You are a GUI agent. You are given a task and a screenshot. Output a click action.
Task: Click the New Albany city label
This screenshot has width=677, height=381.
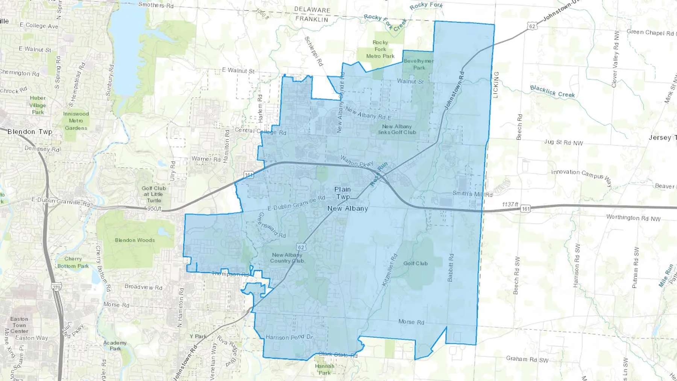pos(348,208)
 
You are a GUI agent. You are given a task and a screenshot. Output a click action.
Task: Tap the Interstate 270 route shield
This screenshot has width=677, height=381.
pos(56,288)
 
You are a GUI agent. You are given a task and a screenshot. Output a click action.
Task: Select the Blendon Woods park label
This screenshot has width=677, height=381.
pos(135,240)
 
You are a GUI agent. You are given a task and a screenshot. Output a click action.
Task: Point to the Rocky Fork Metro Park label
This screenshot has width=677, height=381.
pos(380,49)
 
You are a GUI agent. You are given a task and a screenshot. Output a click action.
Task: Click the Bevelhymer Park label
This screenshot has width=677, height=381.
pos(419,64)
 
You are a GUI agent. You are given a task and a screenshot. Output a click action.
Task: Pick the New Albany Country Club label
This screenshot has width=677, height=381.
pos(287,258)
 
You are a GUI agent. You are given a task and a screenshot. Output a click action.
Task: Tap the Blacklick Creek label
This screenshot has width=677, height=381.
pos(552,91)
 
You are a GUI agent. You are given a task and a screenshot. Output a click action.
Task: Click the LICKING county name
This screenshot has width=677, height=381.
pos(495,85)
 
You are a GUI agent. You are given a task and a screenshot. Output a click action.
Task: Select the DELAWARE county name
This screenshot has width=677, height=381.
pos(312,9)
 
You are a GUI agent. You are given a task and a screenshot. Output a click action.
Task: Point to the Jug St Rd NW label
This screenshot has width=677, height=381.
pos(563,143)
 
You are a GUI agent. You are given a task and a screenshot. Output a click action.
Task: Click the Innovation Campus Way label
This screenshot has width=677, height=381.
pos(581,176)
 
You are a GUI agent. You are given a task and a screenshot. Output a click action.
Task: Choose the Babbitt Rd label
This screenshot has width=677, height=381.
pos(451,267)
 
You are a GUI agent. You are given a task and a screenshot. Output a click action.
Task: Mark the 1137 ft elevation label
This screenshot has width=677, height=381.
pos(510,204)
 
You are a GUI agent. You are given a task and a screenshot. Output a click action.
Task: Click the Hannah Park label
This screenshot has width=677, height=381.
pos(325,369)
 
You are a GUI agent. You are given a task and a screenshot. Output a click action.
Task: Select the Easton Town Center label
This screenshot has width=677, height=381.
pos(19,325)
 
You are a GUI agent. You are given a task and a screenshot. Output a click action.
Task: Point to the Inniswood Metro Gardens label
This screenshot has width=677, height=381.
pos(76,121)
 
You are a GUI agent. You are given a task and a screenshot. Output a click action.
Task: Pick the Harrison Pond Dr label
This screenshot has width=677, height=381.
pos(289,337)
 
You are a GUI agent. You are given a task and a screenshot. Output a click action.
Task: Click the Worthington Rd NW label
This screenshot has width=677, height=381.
pos(633,218)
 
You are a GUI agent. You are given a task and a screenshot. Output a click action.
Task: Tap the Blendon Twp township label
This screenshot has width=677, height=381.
pos(30,132)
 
